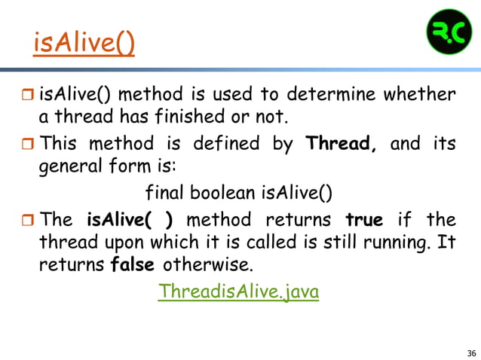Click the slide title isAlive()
[84, 44]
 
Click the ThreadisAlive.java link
[238, 291]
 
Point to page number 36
[471, 353]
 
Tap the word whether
[420, 95]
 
